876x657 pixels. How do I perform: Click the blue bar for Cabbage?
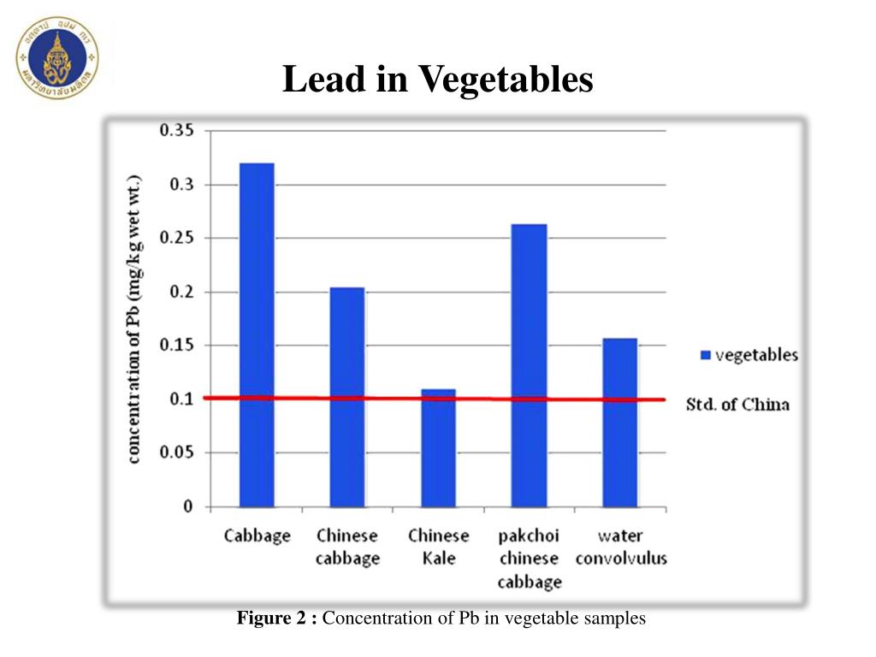pyautogui.click(x=257, y=334)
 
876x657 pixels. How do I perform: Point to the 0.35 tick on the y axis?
pyautogui.click(x=176, y=131)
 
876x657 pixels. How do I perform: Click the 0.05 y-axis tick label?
pyautogui.click(x=176, y=453)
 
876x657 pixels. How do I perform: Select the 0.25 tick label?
pyautogui.click(x=176, y=238)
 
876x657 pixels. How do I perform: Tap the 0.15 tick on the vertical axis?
pyautogui.click(x=176, y=346)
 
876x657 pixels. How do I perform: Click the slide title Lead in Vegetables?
pyautogui.click(x=437, y=80)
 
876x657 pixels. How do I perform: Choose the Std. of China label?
pyautogui.click(x=737, y=405)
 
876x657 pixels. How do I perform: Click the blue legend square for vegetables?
pyautogui.click(x=705, y=355)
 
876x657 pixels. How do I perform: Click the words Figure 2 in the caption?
pyautogui.click(x=276, y=618)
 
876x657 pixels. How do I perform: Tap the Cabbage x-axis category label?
pyautogui.click(x=257, y=536)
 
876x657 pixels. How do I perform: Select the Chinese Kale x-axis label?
pyautogui.click(x=438, y=547)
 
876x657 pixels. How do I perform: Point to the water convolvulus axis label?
pyautogui.click(x=620, y=547)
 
